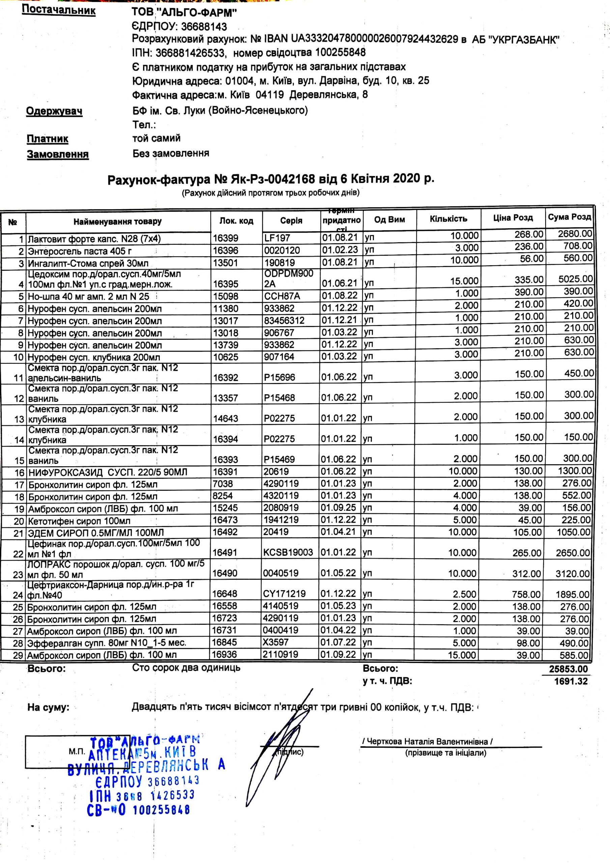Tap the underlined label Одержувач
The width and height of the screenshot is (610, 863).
click(x=54, y=111)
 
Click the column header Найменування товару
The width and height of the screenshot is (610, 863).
click(x=117, y=221)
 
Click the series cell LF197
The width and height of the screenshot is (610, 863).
click(x=277, y=238)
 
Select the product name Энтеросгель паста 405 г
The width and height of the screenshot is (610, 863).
click(x=80, y=251)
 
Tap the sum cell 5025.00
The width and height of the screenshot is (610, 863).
click(x=575, y=279)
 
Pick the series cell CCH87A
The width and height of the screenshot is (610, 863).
click(x=282, y=296)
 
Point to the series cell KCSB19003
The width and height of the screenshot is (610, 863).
click(x=288, y=552)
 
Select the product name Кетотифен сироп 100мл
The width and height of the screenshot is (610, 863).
click(x=79, y=521)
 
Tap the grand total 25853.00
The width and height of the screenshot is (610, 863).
click(x=568, y=669)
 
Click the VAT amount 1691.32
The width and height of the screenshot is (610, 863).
click(x=571, y=681)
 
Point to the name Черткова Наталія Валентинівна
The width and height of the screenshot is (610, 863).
click(x=427, y=742)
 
